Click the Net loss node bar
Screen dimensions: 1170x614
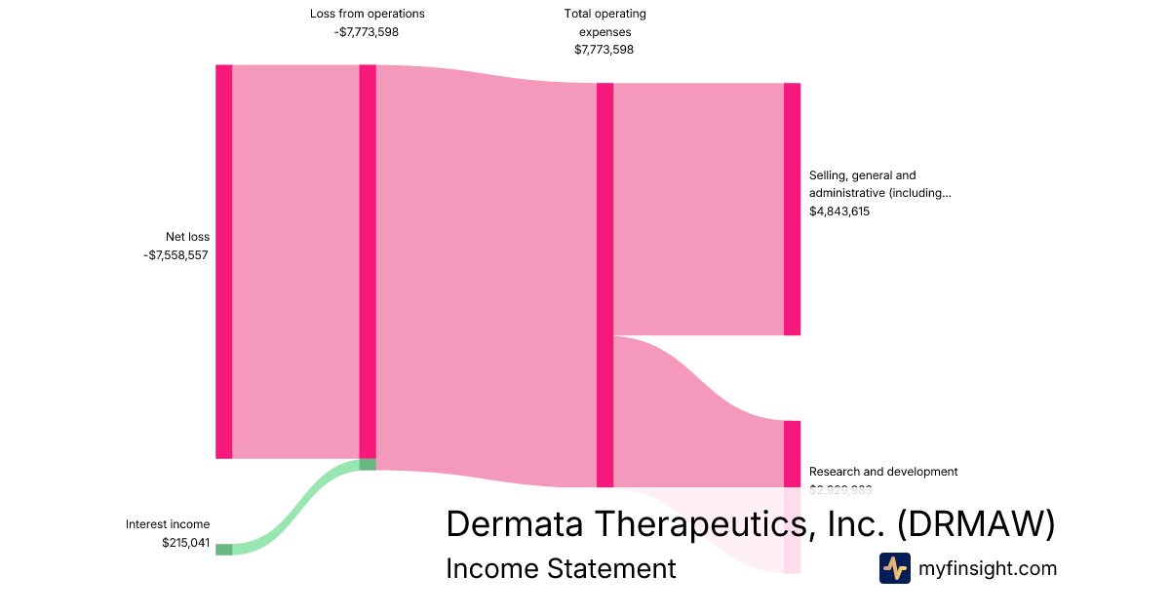tap(224, 261)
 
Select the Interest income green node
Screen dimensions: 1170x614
tap(224, 550)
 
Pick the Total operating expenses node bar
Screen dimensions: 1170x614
tap(604, 285)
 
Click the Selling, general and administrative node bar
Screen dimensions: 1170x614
tap(792, 209)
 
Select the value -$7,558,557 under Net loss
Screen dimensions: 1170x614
tap(175, 255)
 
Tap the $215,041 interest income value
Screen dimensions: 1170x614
tap(185, 543)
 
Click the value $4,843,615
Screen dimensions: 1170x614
tap(839, 211)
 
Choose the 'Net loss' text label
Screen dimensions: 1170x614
tap(187, 237)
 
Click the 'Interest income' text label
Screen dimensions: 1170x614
tap(168, 524)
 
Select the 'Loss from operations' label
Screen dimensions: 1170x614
tap(368, 14)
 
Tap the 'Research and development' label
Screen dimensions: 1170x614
tap(883, 472)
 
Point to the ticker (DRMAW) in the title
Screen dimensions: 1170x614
tap(976, 523)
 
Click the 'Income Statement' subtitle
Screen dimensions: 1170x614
tap(561, 568)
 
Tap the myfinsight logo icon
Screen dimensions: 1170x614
tap(894, 568)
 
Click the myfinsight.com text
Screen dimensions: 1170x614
tap(988, 568)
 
